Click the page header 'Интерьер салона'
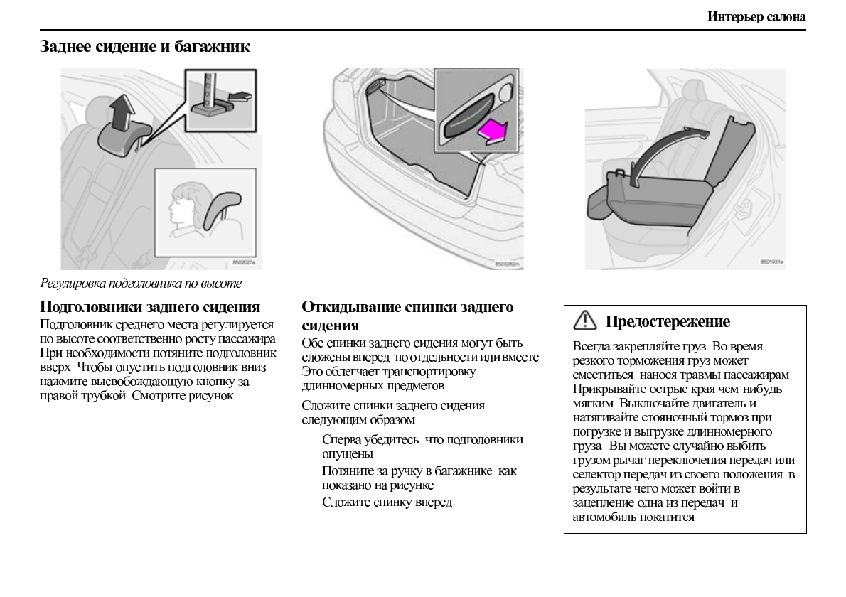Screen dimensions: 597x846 pyautogui.click(x=756, y=16)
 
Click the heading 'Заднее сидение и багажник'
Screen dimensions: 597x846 pyautogui.click(x=144, y=48)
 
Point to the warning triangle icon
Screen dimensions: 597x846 pyautogui.click(x=585, y=321)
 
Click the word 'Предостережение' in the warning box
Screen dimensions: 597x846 pyautogui.click(x=667, y=322)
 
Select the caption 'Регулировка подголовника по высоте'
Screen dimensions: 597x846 pyautogui.click(x=141, y=284)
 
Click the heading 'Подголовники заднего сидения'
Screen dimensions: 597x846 pyautogui.click(x=150, y=307)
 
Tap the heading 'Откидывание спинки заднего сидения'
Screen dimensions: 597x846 pyautogui.click(x=407, y=316)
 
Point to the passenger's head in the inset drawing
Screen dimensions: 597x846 pyautogui.click(x=183, y=203)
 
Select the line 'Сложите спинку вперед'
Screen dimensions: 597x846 pyautogui.click(x=387, y=502)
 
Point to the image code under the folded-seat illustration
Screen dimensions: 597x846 pyautogui.click(x=771, y=262)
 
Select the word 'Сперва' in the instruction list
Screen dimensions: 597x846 pyautogui.click(x=341, y=439)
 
